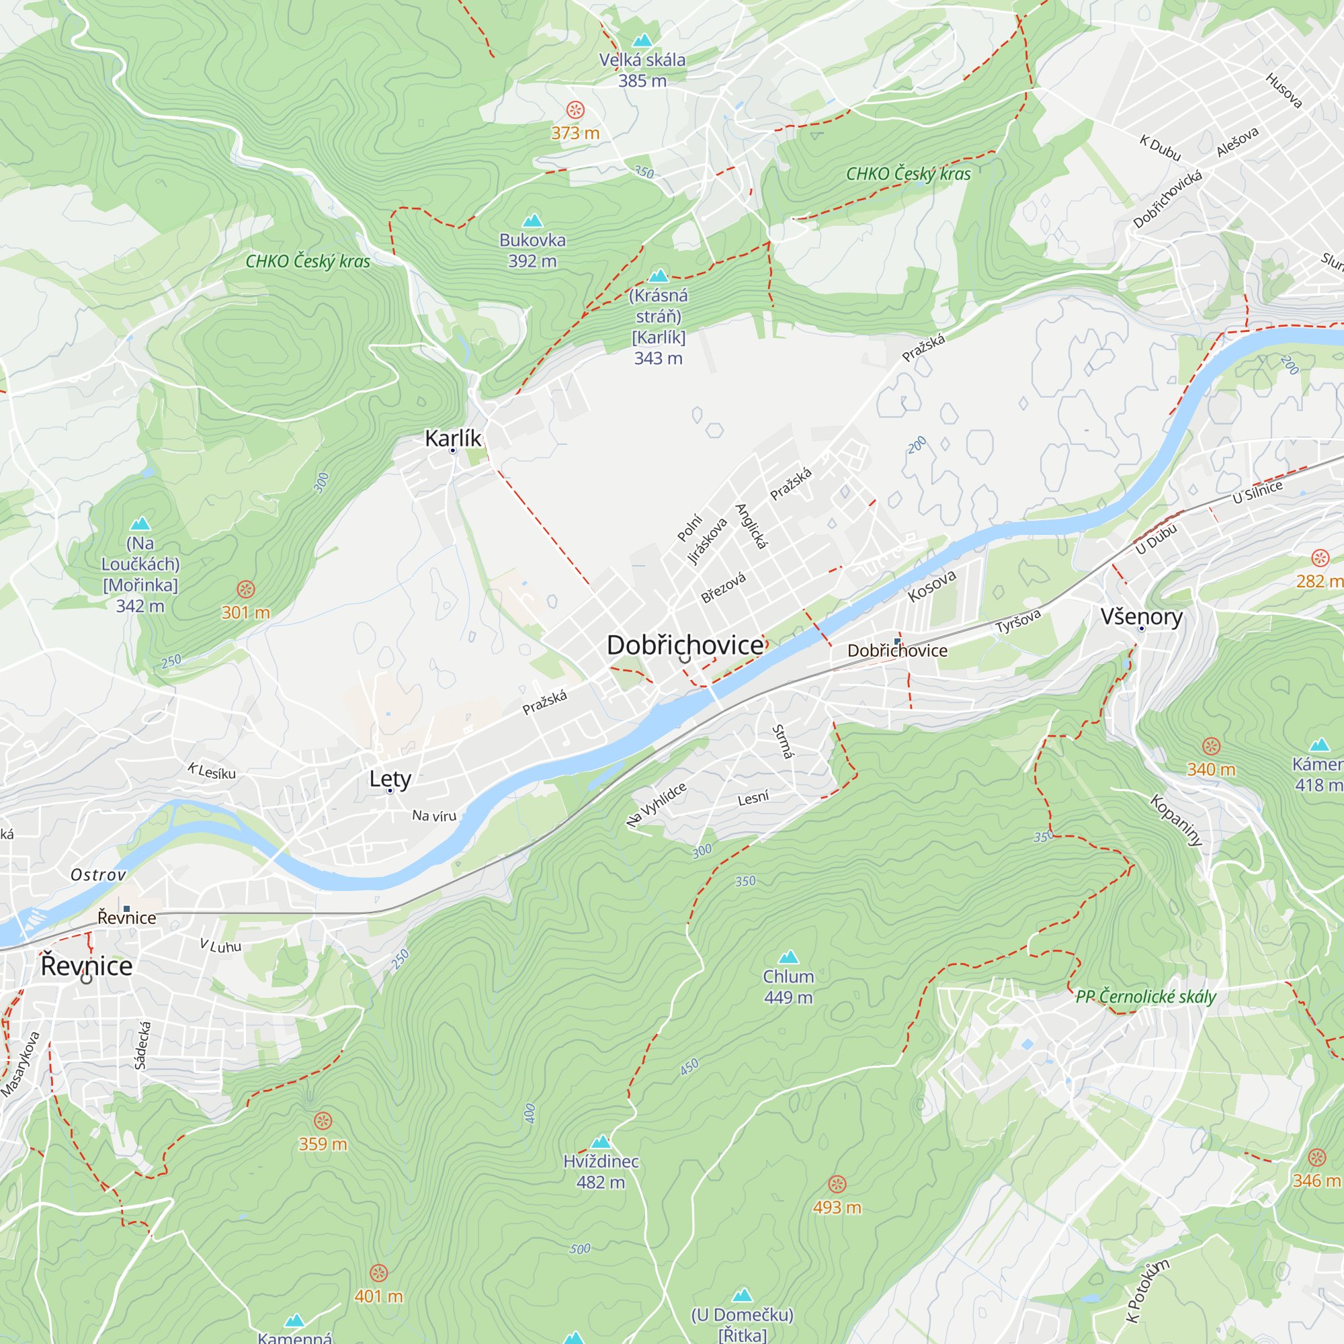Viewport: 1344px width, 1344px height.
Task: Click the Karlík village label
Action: pos(453,438)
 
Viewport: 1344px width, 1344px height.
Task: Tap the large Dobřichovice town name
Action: pos(685,645)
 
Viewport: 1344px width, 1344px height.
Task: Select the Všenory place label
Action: pos(1142,616)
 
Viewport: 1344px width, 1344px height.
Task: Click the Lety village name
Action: pos(390,778)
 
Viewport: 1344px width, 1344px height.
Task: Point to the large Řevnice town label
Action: pos(87,966)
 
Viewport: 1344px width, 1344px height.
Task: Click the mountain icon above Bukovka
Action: pos(532,220)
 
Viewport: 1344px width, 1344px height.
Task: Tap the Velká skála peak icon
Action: pos(642,40)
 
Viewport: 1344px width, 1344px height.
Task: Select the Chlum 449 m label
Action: pos(788,986)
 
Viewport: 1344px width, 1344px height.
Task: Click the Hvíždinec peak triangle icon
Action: pos(601,1142)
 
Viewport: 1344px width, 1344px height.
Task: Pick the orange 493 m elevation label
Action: pos(837,1208)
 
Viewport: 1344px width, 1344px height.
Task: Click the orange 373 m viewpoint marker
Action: pos(575,110)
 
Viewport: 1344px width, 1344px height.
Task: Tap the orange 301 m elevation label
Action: pos(245,612)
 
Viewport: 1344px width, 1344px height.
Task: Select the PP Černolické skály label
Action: pos(1146,997)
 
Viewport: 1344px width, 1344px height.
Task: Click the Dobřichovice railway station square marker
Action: pos(897,640)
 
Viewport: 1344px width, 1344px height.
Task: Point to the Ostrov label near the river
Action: pos(99,875)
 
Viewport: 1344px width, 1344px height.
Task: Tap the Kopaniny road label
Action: pos(1175,820)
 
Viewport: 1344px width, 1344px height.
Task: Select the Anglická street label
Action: pos(752,527)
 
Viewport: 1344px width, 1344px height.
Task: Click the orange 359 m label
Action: pos(323,1144)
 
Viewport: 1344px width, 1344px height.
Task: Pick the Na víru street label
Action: pos(434,815)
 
